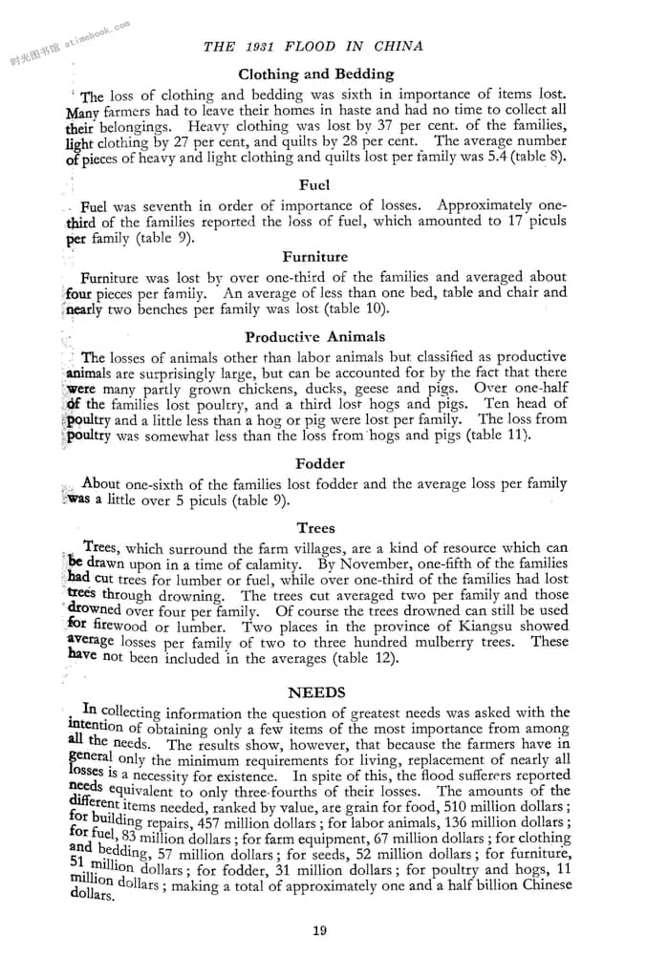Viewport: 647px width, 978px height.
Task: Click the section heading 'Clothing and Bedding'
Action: (x=315, y=74)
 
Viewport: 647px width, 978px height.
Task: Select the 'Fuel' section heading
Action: (x=314, y=184)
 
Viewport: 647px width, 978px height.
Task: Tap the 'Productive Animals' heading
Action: (x=314, y=336)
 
